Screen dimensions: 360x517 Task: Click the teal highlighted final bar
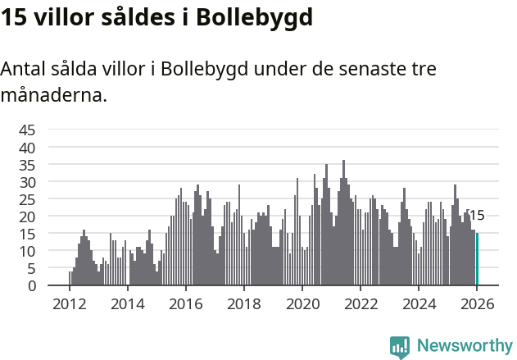click(x=477, y=259)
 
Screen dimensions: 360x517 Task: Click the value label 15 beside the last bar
click(x=476, y=216)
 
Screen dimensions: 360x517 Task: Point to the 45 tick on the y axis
click(x=27, y=130)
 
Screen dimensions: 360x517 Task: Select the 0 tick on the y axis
click(x=31, y=285)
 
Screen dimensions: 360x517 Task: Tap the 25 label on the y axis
click(x=27, y=199)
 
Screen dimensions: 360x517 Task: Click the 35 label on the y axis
click(x=27, y=164)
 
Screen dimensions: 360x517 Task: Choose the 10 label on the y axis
click(x=27, y=251)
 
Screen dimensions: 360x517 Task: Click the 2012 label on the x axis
click(x=69, y=303)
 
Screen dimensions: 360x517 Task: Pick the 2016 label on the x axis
click(x=185, y=303)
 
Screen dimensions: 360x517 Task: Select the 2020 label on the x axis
click(x=302, y=303)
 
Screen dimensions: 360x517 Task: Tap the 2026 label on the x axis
click(x=477, y=303)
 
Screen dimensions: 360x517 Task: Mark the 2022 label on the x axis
click(x=361, y=303)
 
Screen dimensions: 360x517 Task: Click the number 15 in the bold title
click(x=14, y=17)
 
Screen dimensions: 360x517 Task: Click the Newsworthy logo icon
click(x=400, y=346)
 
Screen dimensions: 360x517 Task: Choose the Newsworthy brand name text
click(x=464, y=346)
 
